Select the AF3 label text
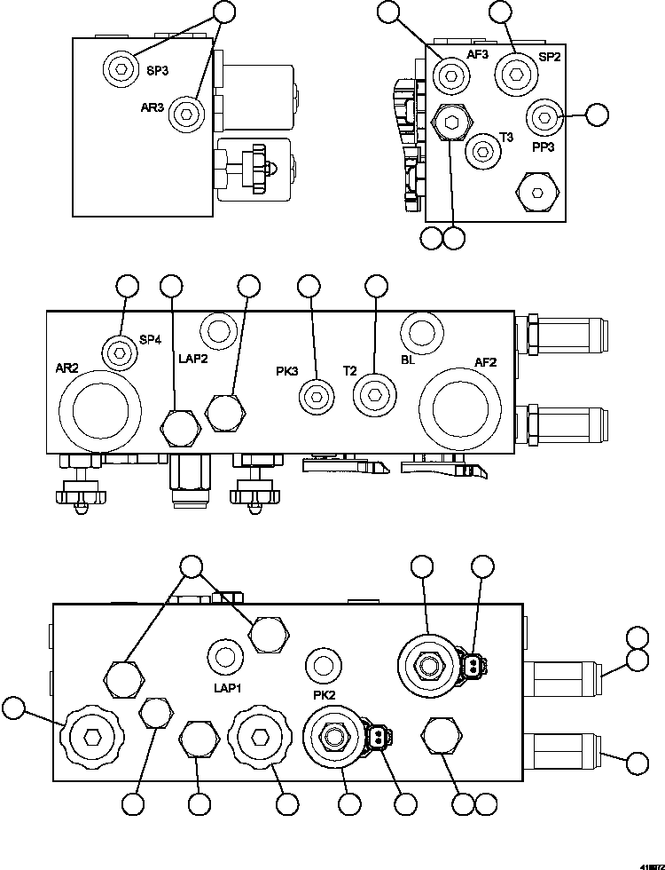[x=478, y=54]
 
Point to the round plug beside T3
[x=482, y=151]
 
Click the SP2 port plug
[x=512, y=72]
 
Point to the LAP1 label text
[x=228, y=687]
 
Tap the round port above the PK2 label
[x=323, y=664]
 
